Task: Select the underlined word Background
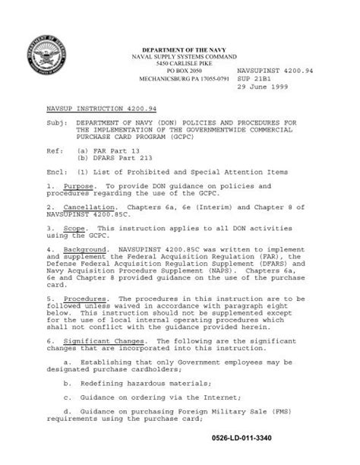(x=85, y=251)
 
